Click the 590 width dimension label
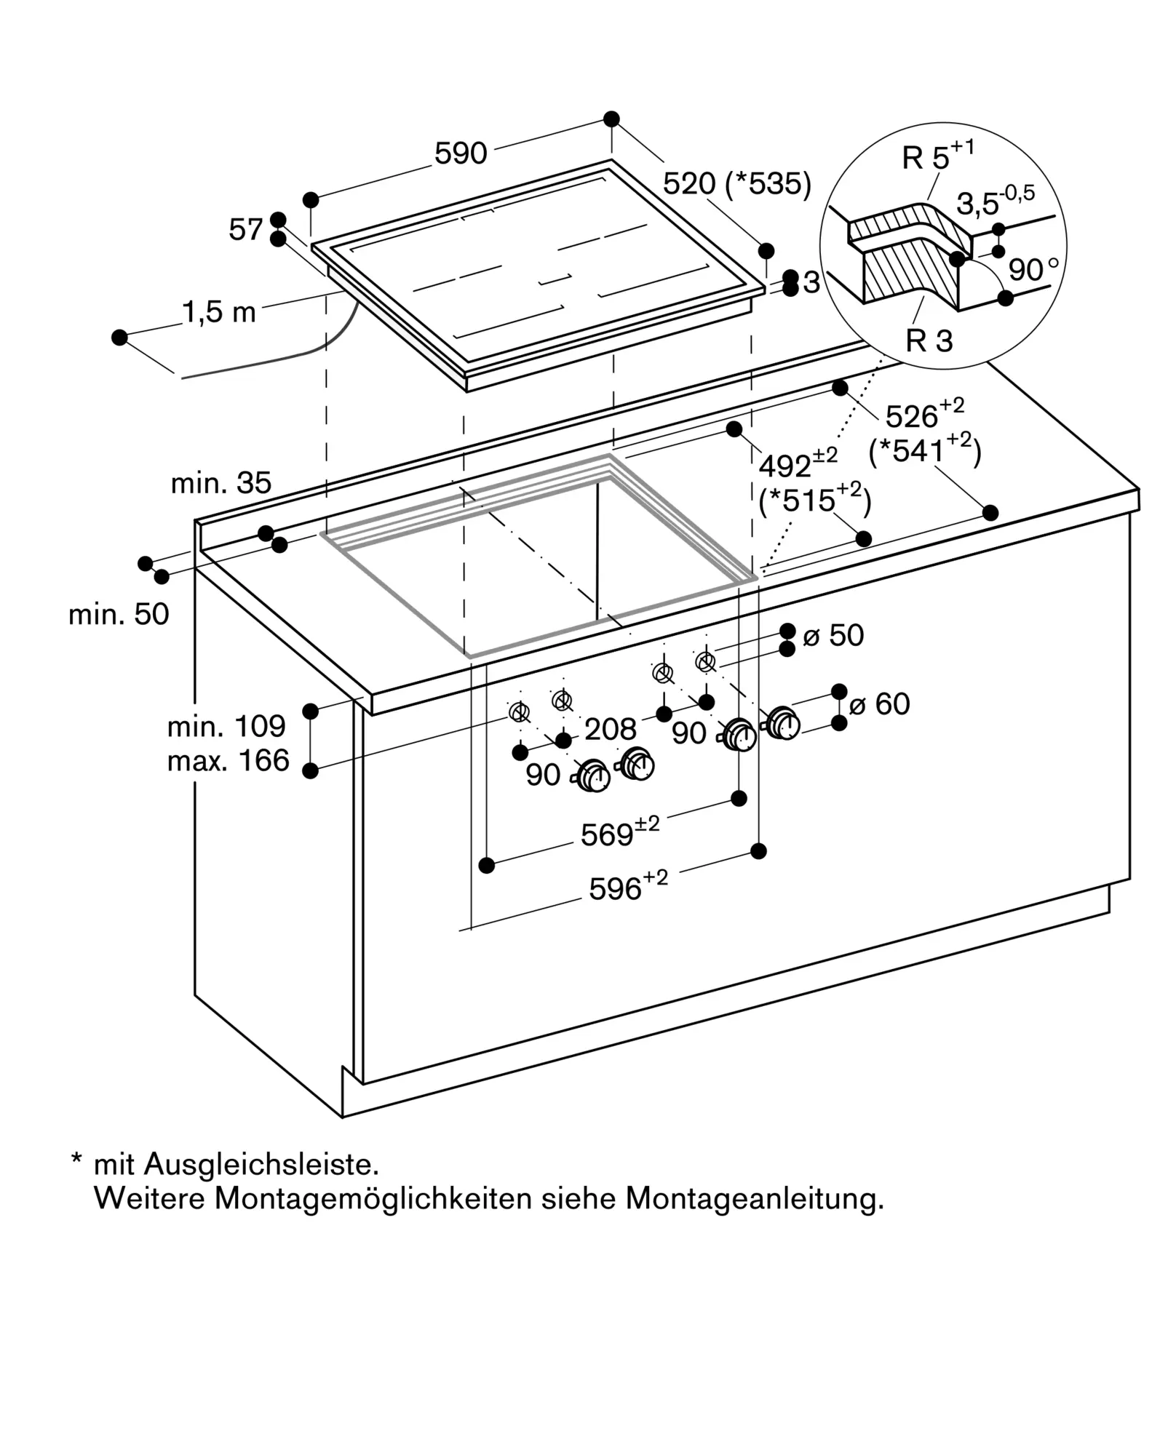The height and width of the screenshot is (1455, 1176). [460, 154]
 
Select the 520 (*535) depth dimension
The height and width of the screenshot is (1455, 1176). [736, 183]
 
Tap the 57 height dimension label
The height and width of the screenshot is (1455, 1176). [245, 229]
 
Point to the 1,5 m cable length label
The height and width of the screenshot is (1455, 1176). [218, 312]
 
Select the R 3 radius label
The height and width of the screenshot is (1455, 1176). [929, 340]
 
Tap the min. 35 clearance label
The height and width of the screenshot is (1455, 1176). [220, 482]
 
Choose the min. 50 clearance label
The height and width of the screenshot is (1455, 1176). [119, 614]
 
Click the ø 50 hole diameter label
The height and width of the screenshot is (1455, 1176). [833, 635]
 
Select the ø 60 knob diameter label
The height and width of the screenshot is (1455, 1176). [880, 703]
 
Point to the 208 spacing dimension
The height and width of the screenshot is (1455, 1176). [610, 728]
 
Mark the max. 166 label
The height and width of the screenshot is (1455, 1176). [228, 760]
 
